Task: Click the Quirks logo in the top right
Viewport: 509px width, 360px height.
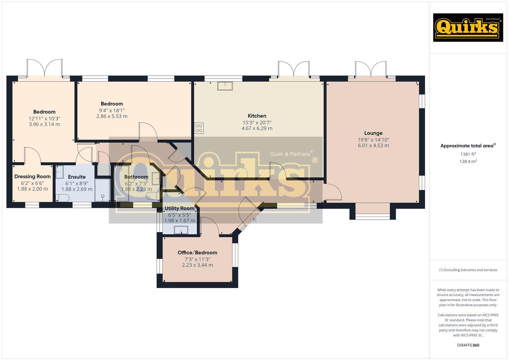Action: (x=468, y=28)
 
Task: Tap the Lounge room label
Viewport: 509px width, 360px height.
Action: (x=373, y=133)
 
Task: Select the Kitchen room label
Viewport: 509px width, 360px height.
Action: (x=257, y=116)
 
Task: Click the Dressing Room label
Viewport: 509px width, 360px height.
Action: (x=32, y=177)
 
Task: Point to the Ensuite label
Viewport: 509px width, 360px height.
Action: (x=77, y=177)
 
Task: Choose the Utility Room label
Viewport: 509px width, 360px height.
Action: (x=179, y=209)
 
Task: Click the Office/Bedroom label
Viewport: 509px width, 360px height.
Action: (x=197, y=253)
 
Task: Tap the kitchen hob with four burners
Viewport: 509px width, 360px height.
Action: (x=199, y=128)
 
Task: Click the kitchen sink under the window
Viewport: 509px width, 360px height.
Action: (x=225, y=86)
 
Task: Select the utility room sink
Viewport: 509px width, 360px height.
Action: (x=181, y=230)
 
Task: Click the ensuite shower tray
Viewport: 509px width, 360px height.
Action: (x=102, y=190)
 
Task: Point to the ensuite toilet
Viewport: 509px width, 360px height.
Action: (x=62, y=198)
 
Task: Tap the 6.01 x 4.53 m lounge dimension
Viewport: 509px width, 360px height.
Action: (x=373, y=146)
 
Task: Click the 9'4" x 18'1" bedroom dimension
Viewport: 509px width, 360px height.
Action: (x=112, y=110)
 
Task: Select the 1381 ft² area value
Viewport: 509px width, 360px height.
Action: (x=468, y=154)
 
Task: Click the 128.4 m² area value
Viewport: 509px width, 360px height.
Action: (x=468, y=161)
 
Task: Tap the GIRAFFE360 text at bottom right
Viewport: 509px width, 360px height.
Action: (x=468, y=345)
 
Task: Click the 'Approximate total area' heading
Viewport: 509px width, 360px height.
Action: (x=468, y=146)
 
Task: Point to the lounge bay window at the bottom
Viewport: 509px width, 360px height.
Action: (x=372, y=216)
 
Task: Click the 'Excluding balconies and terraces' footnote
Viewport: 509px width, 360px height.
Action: (x=468, y=270)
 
